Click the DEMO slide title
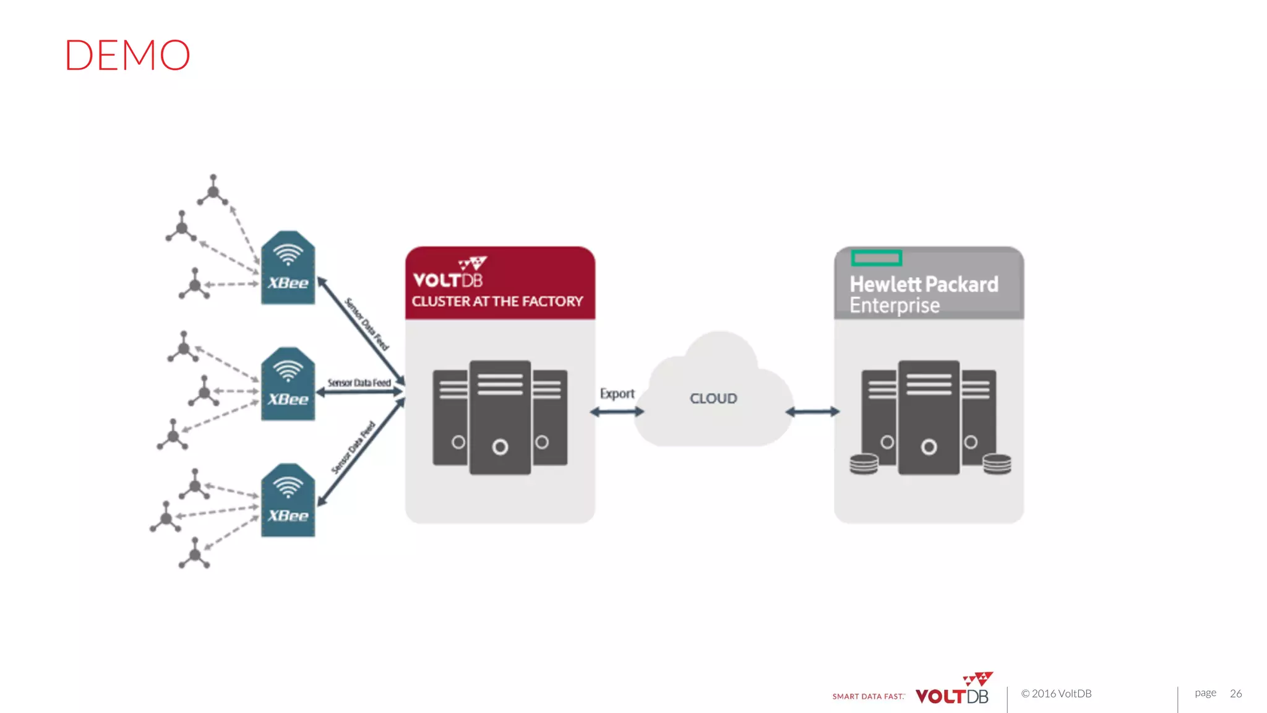point(127,55)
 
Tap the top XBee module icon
point(288,268)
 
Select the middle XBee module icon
point(288,384)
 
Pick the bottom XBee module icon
point(288,501)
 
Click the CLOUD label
point(713,399)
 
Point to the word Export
point(617,394)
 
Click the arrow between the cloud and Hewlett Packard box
point(812,412)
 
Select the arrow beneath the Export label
point(617,412)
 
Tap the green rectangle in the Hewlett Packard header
point(876,257)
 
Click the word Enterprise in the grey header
point(895,306)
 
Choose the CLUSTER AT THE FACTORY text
point(497,301)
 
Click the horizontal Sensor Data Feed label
point(359,383)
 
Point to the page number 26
point(1235,693)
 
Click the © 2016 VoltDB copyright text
point(1056,694)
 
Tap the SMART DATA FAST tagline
point(868,696)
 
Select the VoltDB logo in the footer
point(953,690)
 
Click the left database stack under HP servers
point(864,464)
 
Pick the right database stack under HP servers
point(997,464)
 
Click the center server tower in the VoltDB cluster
point(500,418)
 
